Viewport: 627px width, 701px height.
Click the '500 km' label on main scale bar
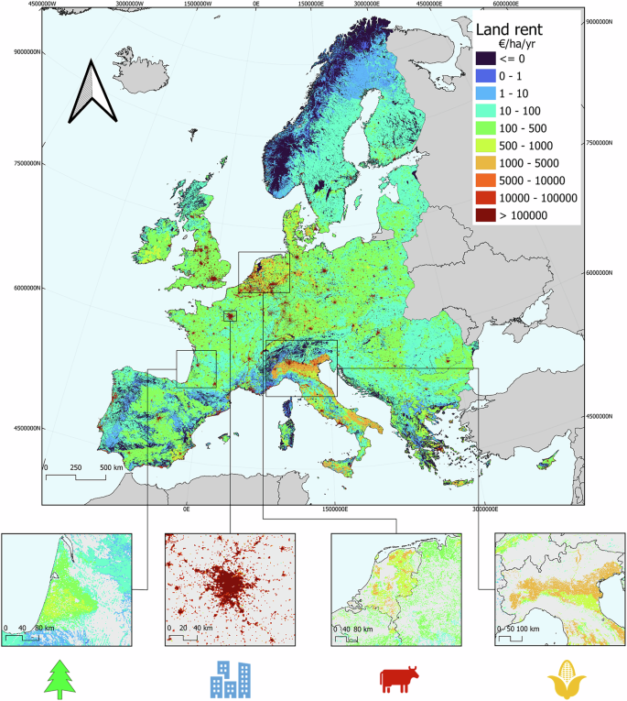[x=113, y=467]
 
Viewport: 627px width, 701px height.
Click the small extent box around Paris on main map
[x=230, y=315]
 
